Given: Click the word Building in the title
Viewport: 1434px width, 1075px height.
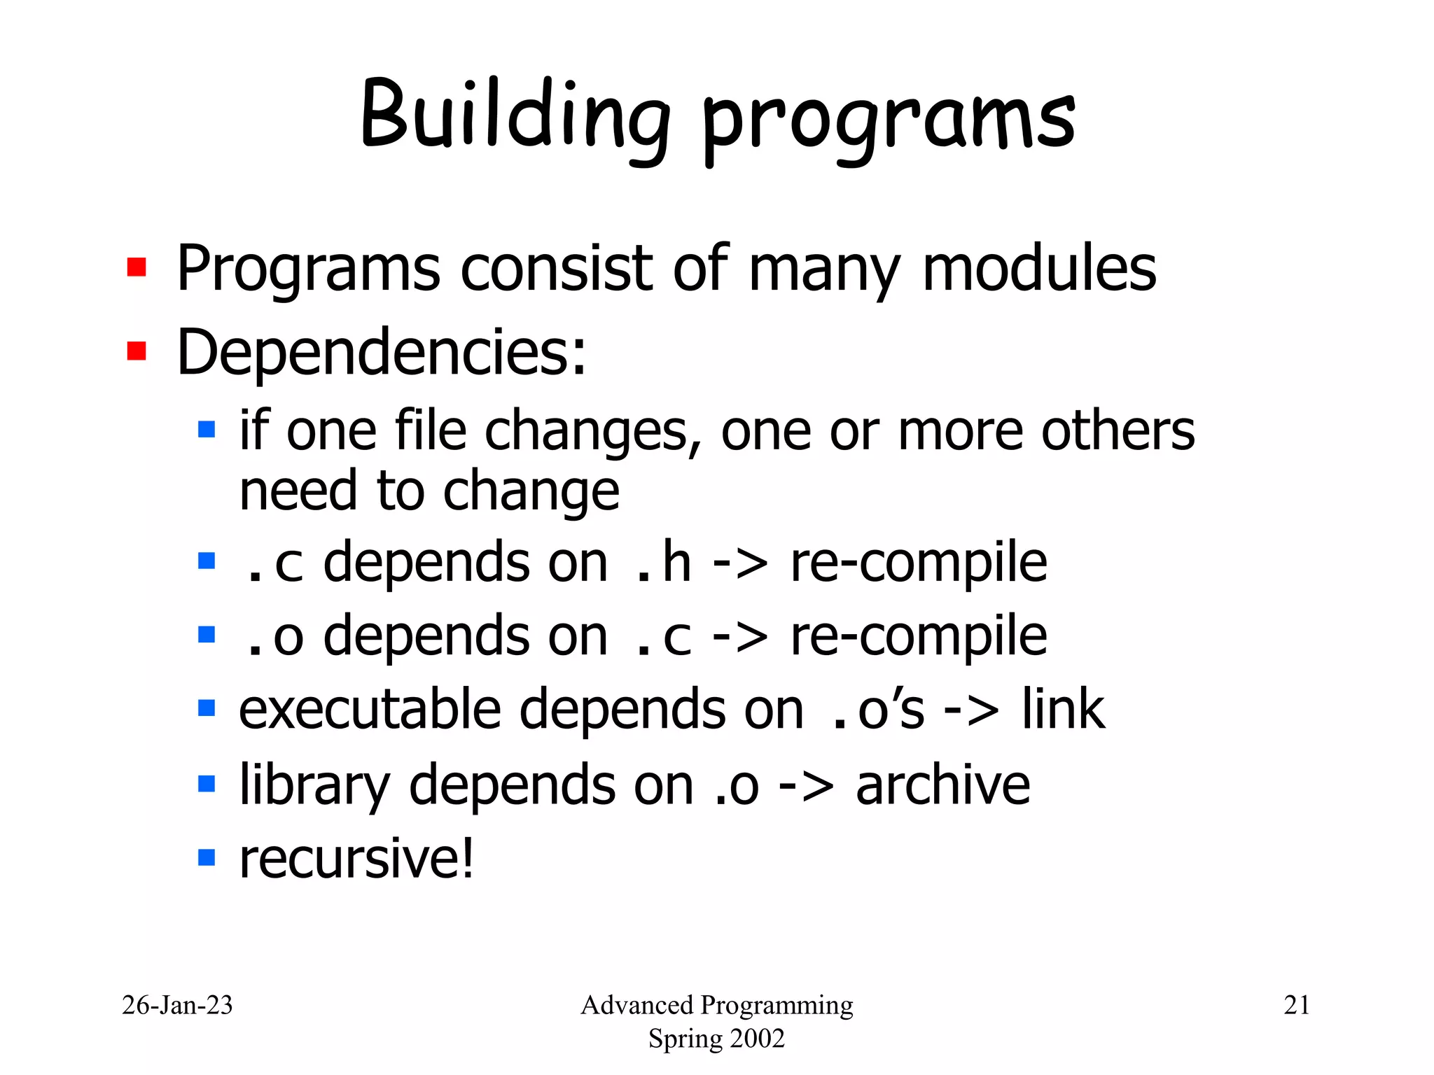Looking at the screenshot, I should (515, 115).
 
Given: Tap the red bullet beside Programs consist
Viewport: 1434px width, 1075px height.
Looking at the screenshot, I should (137, 267).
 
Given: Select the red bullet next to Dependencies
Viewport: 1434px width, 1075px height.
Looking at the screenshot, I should (137, 351).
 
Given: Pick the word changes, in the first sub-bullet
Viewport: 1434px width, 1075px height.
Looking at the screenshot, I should (592, 431).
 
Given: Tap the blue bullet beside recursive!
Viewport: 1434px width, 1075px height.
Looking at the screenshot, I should (207, 857).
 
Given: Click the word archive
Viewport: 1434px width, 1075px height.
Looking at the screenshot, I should (942, 785).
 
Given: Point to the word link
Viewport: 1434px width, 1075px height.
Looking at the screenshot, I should (1063, 710).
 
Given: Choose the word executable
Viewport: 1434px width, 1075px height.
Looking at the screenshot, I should (370, 710).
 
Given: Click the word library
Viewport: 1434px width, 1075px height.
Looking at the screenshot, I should (314, 786).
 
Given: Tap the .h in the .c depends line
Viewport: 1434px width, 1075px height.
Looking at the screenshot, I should (662, 563).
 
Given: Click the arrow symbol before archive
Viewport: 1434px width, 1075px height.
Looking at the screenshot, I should (806, 786).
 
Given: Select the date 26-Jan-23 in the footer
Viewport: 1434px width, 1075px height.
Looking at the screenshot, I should (177, 1005).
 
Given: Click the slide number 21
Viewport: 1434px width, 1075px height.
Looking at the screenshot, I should (1296, 1005).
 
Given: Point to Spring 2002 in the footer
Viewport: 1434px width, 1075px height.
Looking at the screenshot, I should (716, 1038).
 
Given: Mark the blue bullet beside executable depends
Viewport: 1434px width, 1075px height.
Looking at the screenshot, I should (207, 708).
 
